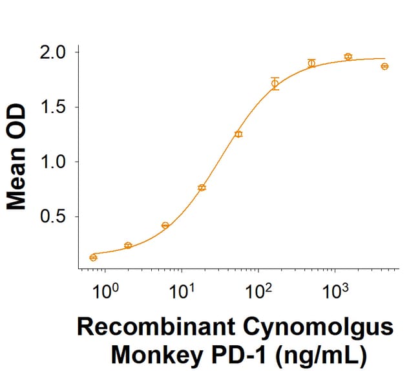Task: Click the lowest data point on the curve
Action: pos(93,257)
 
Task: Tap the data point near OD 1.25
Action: pos(238,134)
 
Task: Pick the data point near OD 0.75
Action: pos(202,187)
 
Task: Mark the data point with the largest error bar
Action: pos(275,83)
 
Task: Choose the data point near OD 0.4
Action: pos(165,226)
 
